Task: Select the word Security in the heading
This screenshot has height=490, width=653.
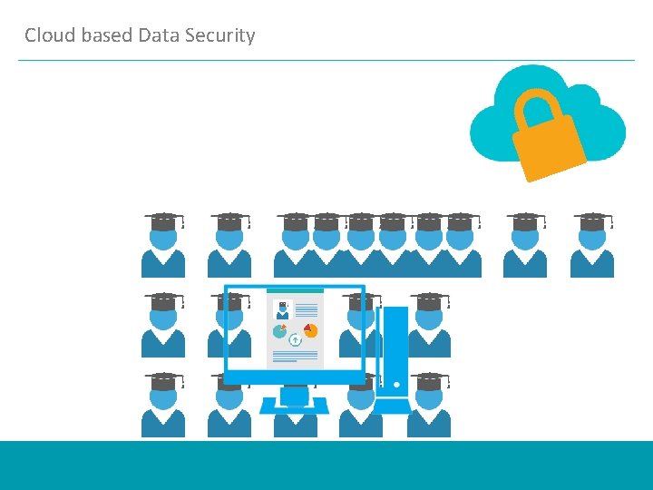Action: pyautogui.click(x=220, y=35)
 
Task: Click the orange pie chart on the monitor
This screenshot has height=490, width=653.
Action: pyautogui.click(x=310, y=330)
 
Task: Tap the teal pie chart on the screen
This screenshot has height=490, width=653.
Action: pyautogui.click(x=280, y=331)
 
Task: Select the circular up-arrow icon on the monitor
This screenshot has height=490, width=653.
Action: pyautogui.click(x=295, y=340)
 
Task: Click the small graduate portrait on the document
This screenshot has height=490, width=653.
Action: pyautogui.click(x=282, y=309)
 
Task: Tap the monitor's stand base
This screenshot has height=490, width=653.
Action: pyautogui.click(x=294, y=406)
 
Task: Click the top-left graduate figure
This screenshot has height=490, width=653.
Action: pyautogui.click(x=163, y=247)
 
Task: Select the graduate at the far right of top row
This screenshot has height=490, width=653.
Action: pyautogui.click(x=592, y=247)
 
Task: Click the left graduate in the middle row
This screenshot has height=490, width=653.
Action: pyautogui.click(x=163, y=327)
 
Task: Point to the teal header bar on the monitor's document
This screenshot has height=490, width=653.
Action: pyautogui.click(x=295, y=291)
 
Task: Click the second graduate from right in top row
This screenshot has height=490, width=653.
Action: pyautogui.click(x=525, y=247)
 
